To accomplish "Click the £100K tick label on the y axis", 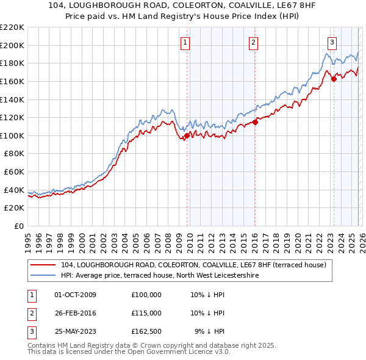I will click(12, 135).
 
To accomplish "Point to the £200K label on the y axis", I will click(12, 45).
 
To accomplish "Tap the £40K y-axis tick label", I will click(14, 190).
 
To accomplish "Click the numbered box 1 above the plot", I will click(185, 42).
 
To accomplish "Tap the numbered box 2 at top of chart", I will click(253, 42).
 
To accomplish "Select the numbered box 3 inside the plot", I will click(332, 42).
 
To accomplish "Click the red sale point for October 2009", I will click(187, 135).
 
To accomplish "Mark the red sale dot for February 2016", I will click(256, 122).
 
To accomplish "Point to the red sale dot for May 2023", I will click(334, 79).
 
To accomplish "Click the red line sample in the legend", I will click(43, 265).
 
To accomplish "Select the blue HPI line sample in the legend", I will click(43, 275).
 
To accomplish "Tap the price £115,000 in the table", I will click(146, 313).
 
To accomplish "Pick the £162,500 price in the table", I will click(146, 331).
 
